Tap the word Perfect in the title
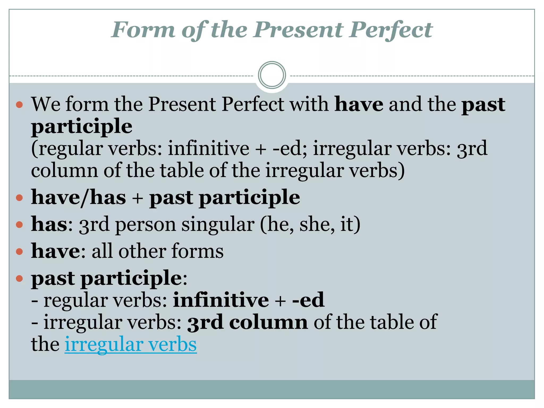[x=391, y=30]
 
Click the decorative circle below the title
[x=272, y=75]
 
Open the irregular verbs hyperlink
[x=130, y=344]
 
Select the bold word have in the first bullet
[x=359, y=104]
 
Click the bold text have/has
[x=78, y=197]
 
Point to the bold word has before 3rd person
[x=49, y=224]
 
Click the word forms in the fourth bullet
[x=197, y=251]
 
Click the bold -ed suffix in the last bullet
[x=308, y=300]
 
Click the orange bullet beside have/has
[x=19, y=198]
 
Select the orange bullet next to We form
[x=19, y=104]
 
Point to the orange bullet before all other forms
[x=19, y=252]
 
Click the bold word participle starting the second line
[x=82, y=126]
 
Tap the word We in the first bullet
[x=46, y=104]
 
